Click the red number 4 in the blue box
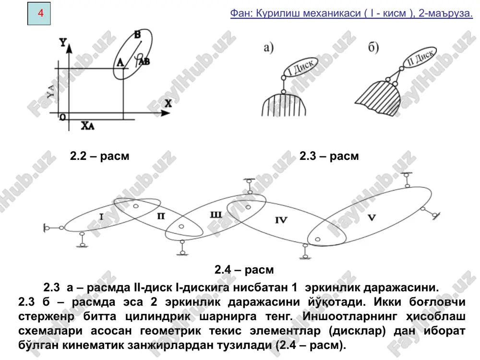coord(41,13)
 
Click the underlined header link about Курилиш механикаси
coord(351,13)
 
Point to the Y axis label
coord(63,42)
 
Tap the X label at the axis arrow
coord(168,104)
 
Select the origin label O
coord(62,117)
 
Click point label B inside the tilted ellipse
coord(137,35)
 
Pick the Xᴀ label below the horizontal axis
coord(87,125)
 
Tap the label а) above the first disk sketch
coord(268,48)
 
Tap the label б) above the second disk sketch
coord(373,48)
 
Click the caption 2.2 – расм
coord(100,156)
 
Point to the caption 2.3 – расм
coord(329,156)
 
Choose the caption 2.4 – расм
coord(244,270)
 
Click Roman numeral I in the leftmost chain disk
coord(101,217)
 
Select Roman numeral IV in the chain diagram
coord(281,220)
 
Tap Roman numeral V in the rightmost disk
coord(372,217)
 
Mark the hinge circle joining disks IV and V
coord(318,240)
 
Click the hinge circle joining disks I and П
coord(136,206)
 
